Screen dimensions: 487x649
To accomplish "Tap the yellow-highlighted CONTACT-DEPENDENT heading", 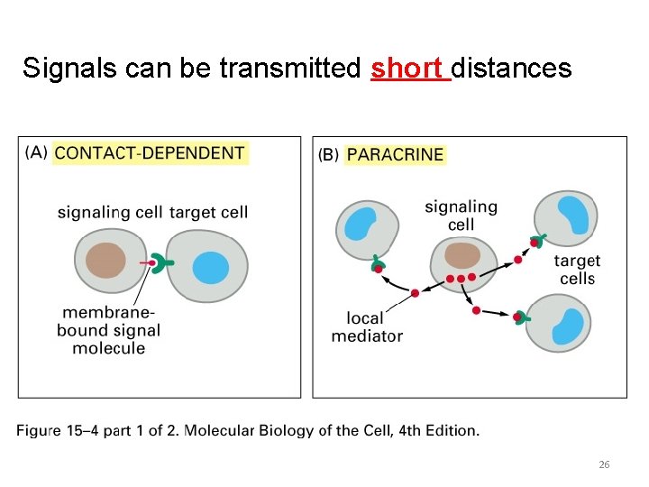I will tap(150, 152).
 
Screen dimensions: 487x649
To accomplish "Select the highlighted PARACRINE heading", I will tap(395, 154).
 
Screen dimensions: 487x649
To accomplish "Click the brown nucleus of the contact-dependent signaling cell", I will tap(106, 261).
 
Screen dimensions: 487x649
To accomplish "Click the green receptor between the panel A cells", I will tap(160, 264).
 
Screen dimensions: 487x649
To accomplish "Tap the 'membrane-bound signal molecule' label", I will tap(109, 330).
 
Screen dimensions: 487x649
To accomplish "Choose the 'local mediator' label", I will tap(366, 326).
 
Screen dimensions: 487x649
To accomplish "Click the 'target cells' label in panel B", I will tap(577, 270).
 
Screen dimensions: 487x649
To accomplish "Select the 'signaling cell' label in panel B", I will tap(461, 215).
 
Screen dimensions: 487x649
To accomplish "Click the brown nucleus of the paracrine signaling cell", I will tap(463, 255).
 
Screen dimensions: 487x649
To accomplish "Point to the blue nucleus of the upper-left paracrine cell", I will tap(361, 224).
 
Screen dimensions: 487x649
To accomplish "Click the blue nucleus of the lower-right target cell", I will tap(568, 326).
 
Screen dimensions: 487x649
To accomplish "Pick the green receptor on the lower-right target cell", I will tap(522, 317).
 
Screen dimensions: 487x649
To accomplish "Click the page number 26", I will tap(604, 464).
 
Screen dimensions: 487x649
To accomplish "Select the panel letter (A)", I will tap(37, 152).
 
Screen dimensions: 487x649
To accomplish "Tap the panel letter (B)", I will tap(328, 154).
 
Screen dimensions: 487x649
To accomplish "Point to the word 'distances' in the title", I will tap(511, 68).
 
